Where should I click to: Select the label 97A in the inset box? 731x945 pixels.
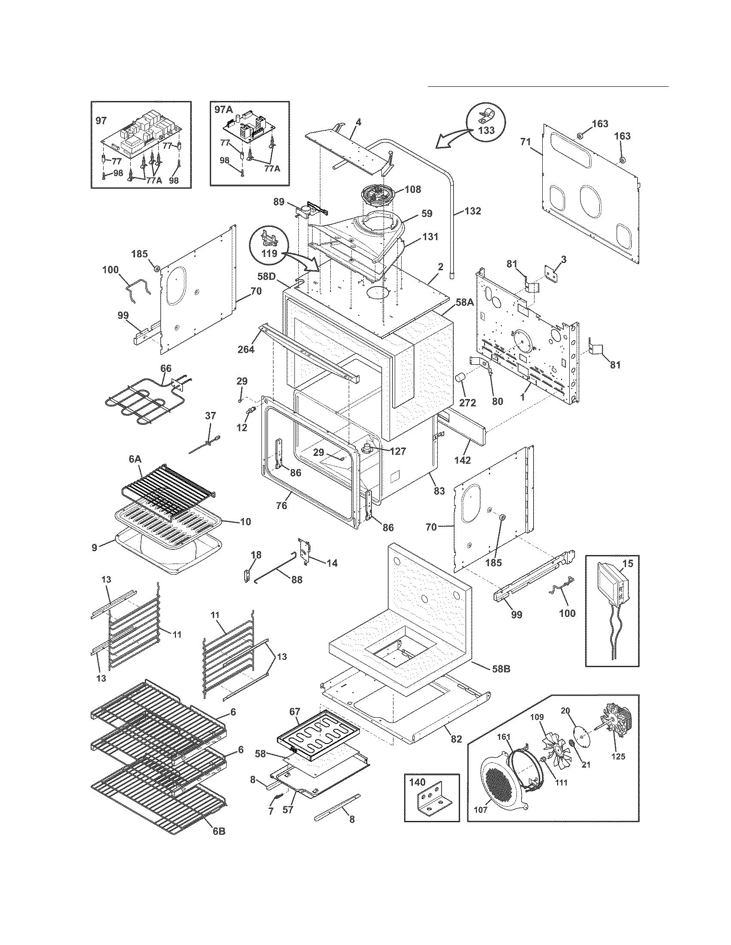[224, 110]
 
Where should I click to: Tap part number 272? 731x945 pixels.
[467, 402]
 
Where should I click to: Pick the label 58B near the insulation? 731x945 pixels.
[501, 668]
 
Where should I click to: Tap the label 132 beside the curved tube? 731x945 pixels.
[473, 211]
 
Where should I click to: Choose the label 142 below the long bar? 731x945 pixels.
[463, 460]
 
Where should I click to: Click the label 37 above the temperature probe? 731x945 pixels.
[210, 416]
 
